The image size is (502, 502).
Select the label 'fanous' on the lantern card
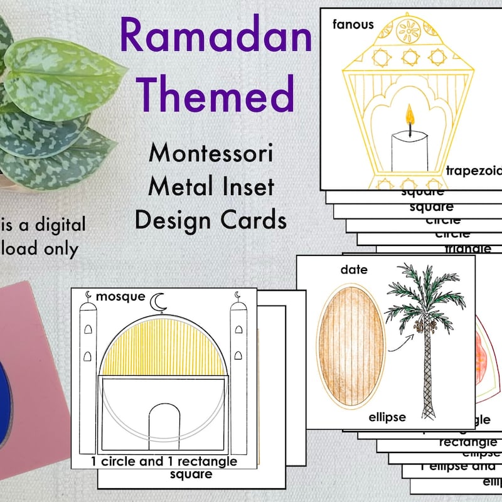pos(353,25)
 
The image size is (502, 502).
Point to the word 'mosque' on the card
pos(121,296)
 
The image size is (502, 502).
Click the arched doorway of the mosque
pos(168,427)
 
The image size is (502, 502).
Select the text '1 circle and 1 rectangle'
pos(164,461)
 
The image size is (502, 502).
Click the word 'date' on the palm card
pos(354,270)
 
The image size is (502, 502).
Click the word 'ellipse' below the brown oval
pos(387,417)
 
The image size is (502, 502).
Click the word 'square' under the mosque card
pos(191,474)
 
